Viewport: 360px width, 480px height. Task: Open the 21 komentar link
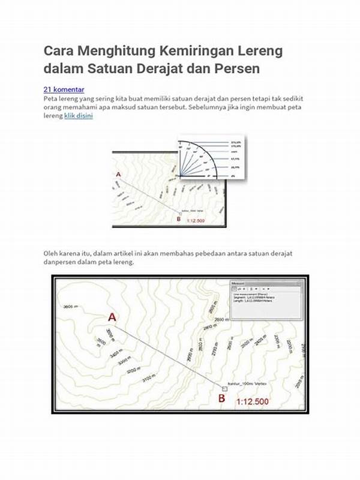(64, 89)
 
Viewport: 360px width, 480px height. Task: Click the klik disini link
(78, 116)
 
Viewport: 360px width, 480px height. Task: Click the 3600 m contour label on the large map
(71, 307)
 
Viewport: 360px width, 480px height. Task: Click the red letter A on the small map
(118, 175)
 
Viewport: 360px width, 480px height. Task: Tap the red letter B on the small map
(179, 219)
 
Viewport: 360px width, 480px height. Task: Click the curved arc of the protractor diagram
(205, 149)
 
